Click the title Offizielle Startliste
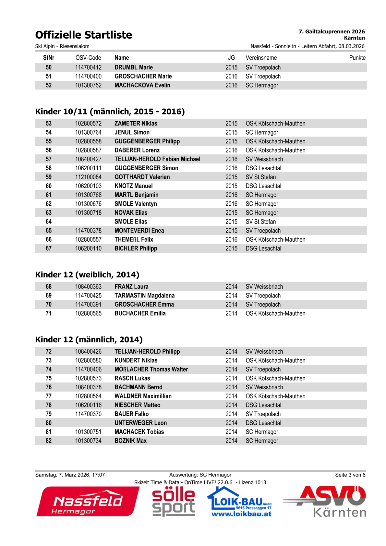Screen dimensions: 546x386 coord(83,35)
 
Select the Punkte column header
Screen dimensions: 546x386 coord(357,58)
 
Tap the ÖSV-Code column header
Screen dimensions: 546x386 coord(88,58)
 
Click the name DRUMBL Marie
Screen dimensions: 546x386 coord(134,67)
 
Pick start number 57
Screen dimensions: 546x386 coord(49,159)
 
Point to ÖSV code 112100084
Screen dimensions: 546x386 coord(88,177)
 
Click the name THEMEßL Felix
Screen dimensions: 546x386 coord(134,239)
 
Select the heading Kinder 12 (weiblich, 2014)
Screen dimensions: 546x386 coord(87,275)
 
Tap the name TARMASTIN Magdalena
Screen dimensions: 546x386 coord(144,296)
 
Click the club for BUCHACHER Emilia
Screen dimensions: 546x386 coord(275,313)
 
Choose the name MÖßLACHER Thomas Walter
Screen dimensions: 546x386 coord(151,370)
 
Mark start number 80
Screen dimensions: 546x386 coord(49,423)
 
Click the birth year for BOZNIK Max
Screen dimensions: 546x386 coord(231,441)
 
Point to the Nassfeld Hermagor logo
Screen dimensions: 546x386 coord(88,502)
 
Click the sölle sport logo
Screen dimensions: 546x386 coord(174,502)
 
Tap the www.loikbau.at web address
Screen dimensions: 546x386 coord(241,514)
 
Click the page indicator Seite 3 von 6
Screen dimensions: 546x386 coord(350,475)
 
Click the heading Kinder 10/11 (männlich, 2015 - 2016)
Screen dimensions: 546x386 coord(110,112)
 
